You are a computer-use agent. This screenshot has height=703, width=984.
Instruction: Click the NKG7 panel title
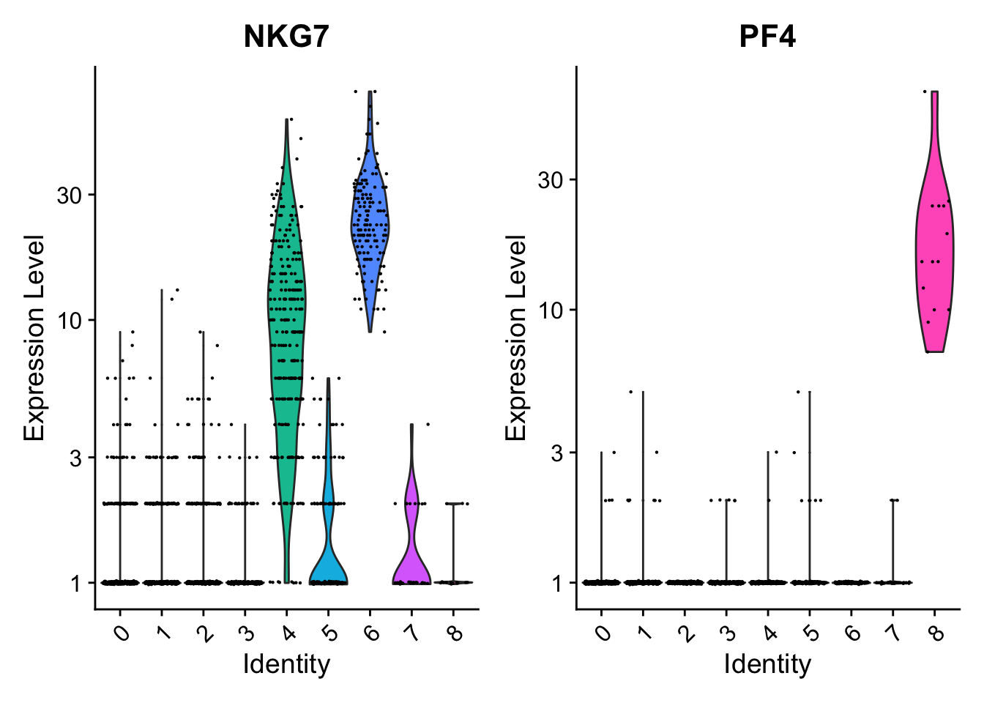[x=286, y=36]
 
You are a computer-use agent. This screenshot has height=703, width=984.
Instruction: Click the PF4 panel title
[x=767, y=36]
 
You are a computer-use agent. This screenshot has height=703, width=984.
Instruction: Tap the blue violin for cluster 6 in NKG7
[x=370, y=220]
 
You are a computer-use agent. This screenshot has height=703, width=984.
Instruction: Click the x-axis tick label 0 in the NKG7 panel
[x=122, y=631]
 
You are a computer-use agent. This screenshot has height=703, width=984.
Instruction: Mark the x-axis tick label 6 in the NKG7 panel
[x=372, y=631]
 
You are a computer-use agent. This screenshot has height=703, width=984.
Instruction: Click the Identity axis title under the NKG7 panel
[x=286, y=664]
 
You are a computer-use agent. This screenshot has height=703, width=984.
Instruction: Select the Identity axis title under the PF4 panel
[x=767, y=664]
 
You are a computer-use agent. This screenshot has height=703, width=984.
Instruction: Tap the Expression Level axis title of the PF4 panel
[x=516, y=338]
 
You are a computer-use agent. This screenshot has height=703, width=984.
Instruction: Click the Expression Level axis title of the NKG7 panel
[x=34, y=338]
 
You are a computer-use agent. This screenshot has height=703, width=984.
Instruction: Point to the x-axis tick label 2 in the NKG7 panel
[x=206, y=631]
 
